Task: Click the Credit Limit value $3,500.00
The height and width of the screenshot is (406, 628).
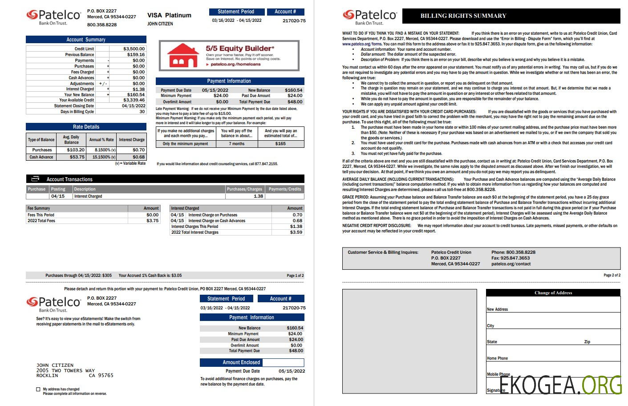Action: (x=134, y=49)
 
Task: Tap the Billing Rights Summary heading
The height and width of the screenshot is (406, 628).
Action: (x=463, y=16)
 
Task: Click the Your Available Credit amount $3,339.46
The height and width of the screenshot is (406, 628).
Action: (x=134, y=100)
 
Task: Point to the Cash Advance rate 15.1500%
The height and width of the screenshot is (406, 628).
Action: (x=104, y=157)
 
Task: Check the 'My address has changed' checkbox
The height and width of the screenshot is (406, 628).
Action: (x=38, y=390)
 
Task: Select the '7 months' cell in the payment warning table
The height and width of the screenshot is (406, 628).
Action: (x=237, y=144)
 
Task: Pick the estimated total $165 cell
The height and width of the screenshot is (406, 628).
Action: (x=280, y=144)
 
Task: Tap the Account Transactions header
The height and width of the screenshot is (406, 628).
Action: (x=69, y=179)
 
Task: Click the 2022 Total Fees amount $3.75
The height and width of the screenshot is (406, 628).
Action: (x=152, y=221)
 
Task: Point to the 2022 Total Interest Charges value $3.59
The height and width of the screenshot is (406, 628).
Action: (x=296, y=232)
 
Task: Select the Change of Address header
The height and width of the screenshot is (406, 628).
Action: (x=553, y=293)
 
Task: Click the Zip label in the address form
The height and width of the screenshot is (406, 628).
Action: (x=587, y=342)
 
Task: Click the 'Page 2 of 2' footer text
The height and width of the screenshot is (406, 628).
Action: (x=612, y=275)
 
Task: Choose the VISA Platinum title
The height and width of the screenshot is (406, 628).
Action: (x=169, y=16)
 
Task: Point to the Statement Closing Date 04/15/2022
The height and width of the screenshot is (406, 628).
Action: (x=134, y=106)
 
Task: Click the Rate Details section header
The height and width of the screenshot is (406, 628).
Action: (x=86, y=127)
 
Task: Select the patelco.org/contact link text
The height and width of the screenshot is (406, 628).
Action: (x=511, y=264)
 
